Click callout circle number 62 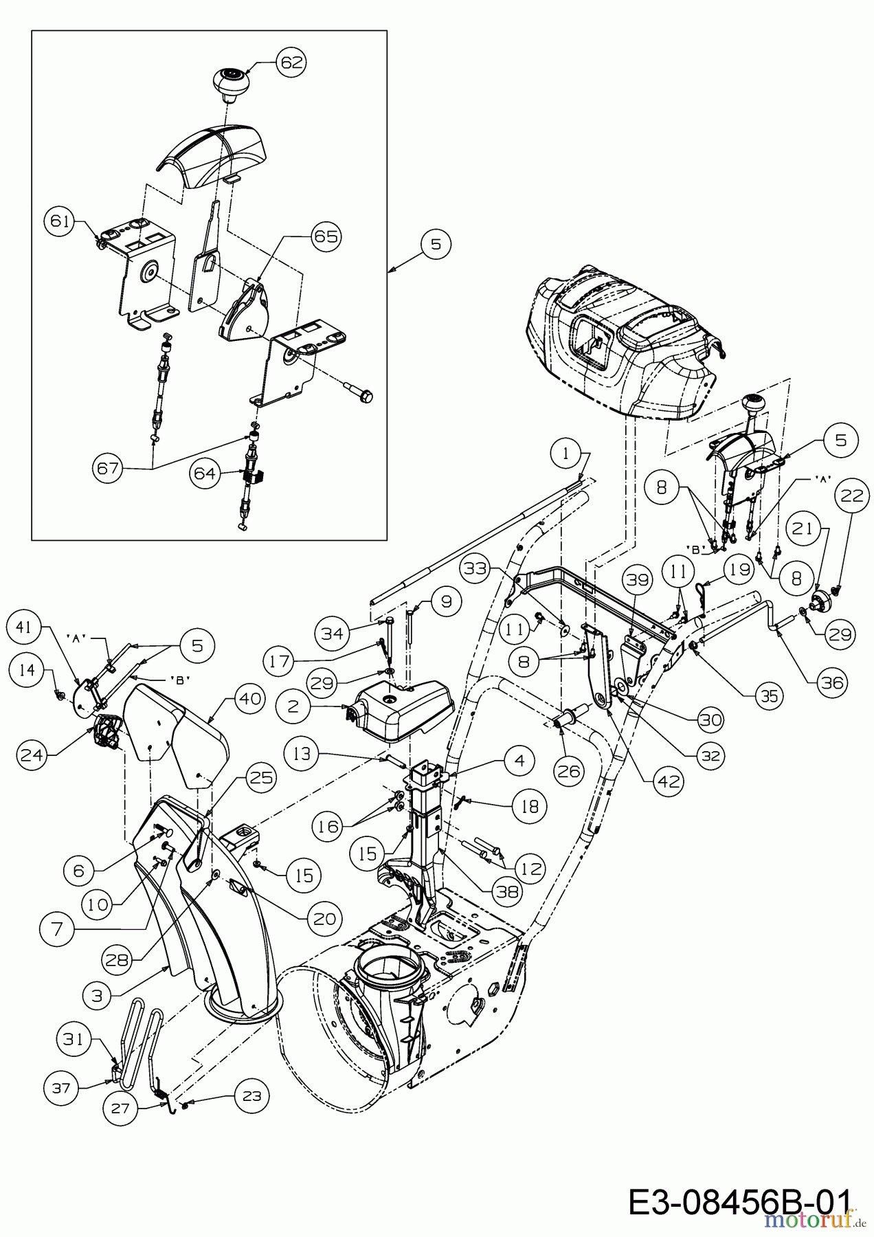pos(291,62)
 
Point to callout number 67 pos(109,469)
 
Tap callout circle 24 pos(32,755)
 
